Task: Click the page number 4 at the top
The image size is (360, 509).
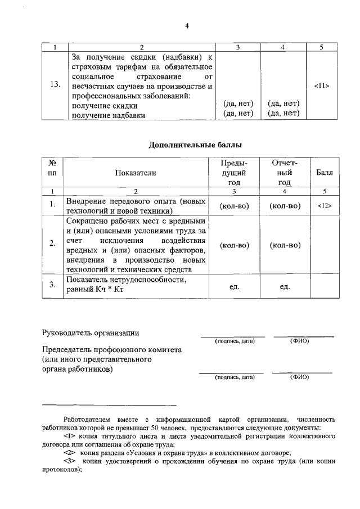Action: [x=187, y=26]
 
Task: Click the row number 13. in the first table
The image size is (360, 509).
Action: [x=55, y=85]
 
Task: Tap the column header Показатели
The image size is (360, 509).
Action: [x=136, y=173]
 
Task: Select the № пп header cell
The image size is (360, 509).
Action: [x=53, y=168]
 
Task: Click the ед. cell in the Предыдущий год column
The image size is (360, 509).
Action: [x=235, y=286]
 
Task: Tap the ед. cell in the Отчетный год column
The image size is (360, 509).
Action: [x=284, y=286]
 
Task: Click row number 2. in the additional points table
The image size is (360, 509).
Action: [x=52, y=245]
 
